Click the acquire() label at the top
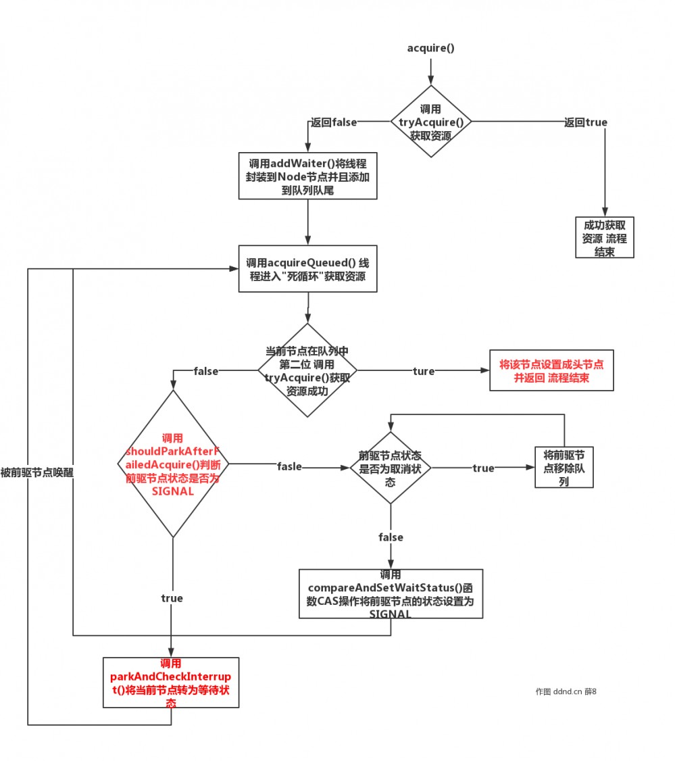[x=430, y=48]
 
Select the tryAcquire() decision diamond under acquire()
[x=431, y=122]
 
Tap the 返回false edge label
[x=333, y=122]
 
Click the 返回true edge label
[x=585, y=122]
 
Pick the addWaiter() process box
[x=308, y=175]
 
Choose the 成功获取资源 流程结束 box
[x=605, y=237]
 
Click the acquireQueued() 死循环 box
[x=307, y=268]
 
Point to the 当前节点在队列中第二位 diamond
[x=307, y=370]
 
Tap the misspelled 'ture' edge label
[x=424, y=371]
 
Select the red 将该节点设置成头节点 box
[x=551, y=371]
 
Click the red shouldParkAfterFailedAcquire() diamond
[x=173, y=464]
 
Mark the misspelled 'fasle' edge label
[x=289, y=466]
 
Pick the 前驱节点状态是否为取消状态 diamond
[x=391, y=468]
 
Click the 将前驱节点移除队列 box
[x=564, y=467]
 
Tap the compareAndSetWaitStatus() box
[x=391, y=594]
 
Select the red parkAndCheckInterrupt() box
[x=171, y=682]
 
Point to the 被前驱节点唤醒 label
[x=37, y=473]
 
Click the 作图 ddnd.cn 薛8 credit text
[x=566, y=691]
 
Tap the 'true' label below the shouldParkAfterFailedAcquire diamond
[x=172, y=598]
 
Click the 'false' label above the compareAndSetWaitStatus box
[x=391, y=537]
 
